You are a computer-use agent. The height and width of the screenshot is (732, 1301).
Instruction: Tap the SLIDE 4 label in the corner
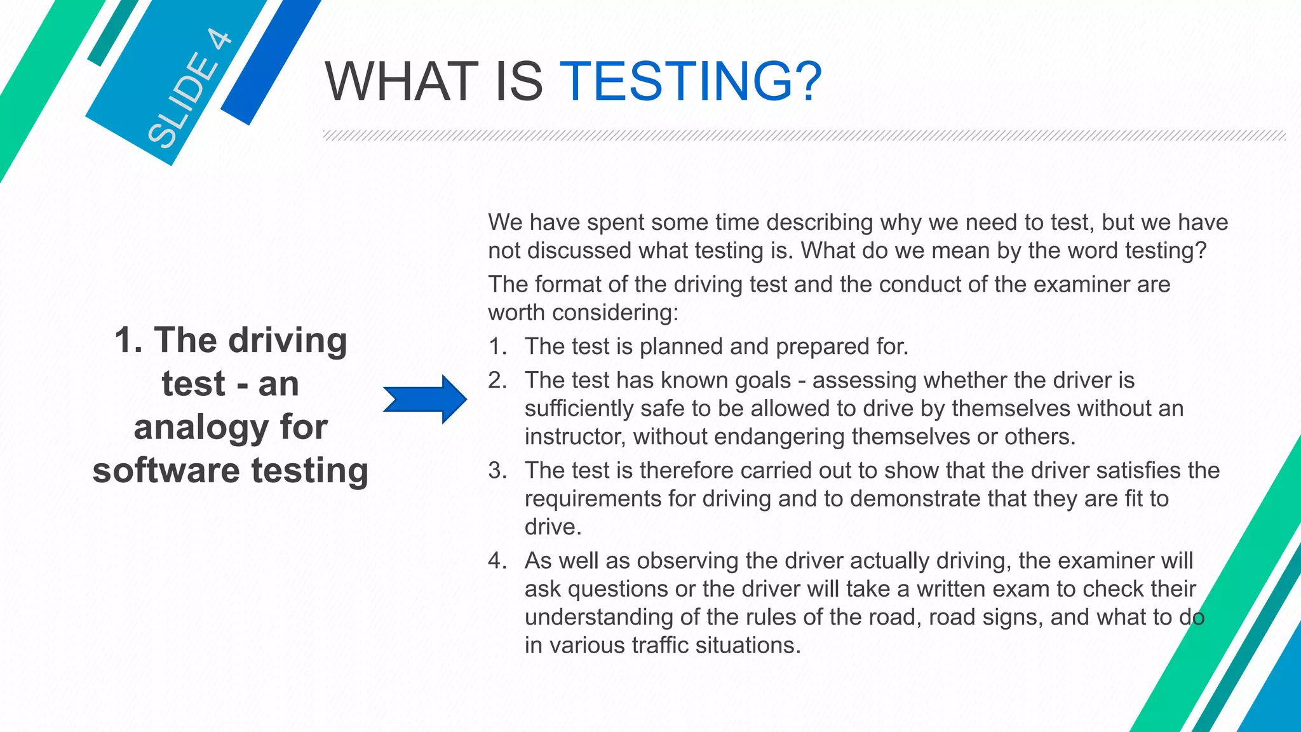[x=189, y=90]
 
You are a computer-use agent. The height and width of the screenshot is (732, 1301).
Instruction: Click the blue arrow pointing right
[x=425, y=399]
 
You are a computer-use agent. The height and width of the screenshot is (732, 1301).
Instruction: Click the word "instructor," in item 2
[x=575, y=437]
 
